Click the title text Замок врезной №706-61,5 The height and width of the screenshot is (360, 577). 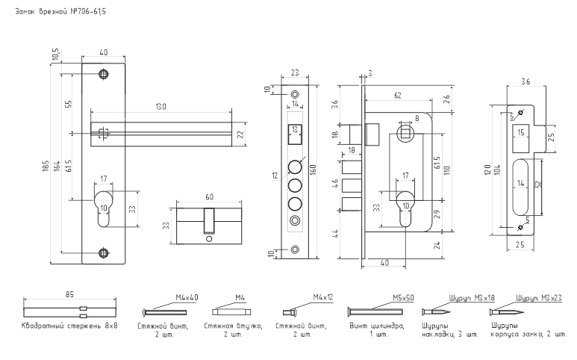[60, 11]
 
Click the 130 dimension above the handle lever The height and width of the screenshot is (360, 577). [160, 107]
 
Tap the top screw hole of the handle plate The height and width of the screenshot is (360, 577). [105, 74]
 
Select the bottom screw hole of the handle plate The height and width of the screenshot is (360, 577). [105, 252]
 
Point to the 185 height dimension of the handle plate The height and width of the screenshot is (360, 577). [46, 167]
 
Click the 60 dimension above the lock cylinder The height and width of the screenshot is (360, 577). [209, 197]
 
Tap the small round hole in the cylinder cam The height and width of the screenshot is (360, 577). [210, 239]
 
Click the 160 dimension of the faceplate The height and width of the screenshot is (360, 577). [314, 170]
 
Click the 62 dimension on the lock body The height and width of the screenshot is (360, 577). [397, 96]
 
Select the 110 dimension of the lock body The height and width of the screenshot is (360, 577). [446, 170]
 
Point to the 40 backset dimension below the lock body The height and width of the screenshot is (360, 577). [384, 263]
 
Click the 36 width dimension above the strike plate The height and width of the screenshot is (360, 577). [525, 81]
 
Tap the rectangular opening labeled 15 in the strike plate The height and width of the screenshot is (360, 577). [521, 138]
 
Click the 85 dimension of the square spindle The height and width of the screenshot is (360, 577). [69, 294]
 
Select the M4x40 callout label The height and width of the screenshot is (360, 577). [187, 297]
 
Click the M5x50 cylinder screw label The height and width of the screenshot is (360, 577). [403, 297]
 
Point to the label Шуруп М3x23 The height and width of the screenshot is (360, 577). [539, 297]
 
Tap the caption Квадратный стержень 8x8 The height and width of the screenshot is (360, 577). [69, 326]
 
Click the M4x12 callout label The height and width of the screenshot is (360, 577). [323, 297]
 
